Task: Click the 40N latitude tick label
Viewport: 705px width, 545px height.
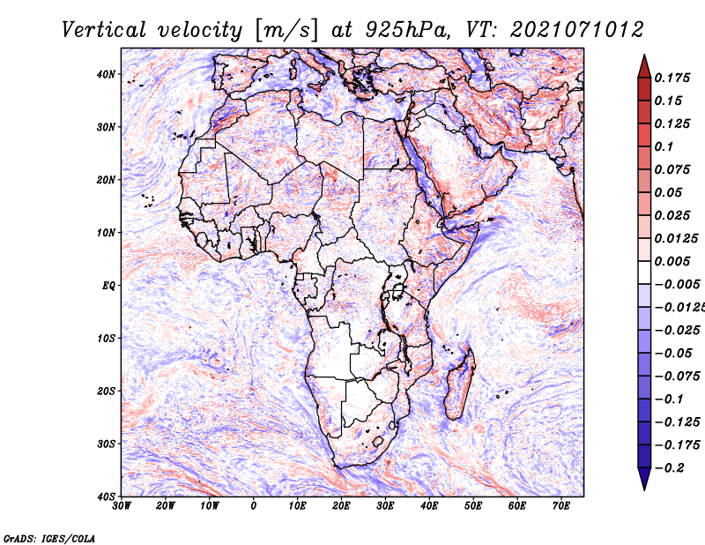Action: [x=106, y=74]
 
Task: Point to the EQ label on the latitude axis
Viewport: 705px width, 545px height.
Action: [x=108, y=286]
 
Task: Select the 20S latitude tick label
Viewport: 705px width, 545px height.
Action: [x=106, y=391]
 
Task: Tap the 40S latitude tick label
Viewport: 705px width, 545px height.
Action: [x=106, y=496]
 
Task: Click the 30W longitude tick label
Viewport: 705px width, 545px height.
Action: [x=122, y=506]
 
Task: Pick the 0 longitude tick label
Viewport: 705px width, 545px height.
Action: [x=254, y=506]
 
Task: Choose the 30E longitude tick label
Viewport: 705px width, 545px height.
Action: [x=386, y=506]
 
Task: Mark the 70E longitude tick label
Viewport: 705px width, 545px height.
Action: [x=561, y=506]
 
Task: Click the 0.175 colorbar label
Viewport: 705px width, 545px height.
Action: [x=672, y=78]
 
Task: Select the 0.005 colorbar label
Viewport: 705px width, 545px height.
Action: [x=672, y=261]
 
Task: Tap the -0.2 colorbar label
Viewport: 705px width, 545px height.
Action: [x=669, y=467]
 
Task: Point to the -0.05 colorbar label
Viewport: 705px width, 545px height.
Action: [x=673, y=353]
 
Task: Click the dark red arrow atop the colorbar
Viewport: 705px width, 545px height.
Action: [x=644, y=67]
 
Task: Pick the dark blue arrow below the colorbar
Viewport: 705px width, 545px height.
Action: [x=644, y=479]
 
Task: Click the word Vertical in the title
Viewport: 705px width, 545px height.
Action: [x=103, y=30]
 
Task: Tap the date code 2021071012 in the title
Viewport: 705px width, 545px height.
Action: [x=577, y=30]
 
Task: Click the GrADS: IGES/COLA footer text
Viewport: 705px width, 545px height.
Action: [x=49, y=538]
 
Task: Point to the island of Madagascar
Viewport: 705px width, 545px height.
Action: [x=459, y=384]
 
